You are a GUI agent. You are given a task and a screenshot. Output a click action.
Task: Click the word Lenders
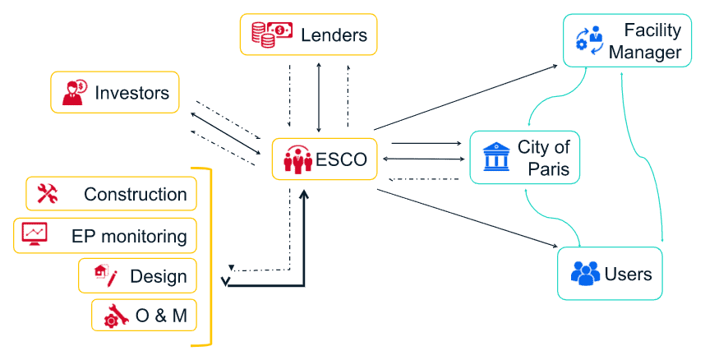pyautogui.click(x=334, y=35)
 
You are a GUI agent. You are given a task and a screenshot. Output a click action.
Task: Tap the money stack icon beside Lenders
pyautogui.click(x=272, y=35)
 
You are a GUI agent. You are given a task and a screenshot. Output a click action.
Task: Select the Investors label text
pyautogui.click(x=131, y=92)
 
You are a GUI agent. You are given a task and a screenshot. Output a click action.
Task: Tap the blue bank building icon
pyautogui.click(x=495, y=157)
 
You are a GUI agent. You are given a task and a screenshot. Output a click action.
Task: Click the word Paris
pyautogui.click(x=544, y=171)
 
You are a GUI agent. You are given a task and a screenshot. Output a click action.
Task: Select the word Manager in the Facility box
pyautogui.click(x=645, y=53)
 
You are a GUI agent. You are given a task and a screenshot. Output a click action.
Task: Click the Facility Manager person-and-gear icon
pyautogui.click(x=589, y=41)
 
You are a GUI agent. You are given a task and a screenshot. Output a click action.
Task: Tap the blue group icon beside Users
pyautogui.click(x=586, y=274)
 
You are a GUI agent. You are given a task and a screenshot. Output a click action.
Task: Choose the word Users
pyautogui.click(x=628, y=274)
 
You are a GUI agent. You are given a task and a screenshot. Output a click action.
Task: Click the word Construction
pyautogui.click(x=135, y=195)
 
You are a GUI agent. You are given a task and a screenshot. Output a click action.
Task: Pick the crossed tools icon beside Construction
pyautogui.click(x=47, y=194)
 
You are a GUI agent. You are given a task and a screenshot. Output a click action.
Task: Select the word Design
pyautogui.click(x=158, y=276)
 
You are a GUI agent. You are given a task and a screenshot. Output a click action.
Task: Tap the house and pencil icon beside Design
pyautogui.click(x=105, y=275)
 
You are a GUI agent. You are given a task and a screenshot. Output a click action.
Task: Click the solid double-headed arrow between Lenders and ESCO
pyautogui.click(x=319, y=96)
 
